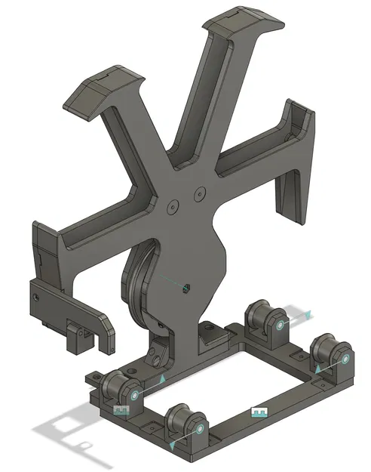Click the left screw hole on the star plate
point(173,205)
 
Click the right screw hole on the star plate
point(200,194)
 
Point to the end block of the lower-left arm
point(46,245)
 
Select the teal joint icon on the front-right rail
point(259,412)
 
